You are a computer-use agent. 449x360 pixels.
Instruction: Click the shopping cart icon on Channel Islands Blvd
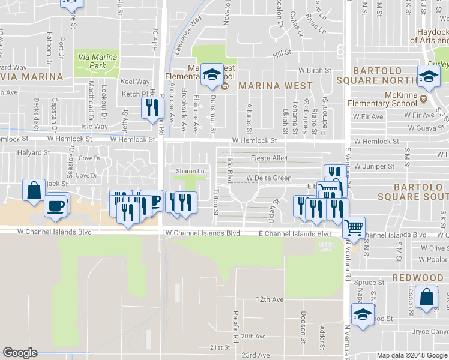coord(354,227)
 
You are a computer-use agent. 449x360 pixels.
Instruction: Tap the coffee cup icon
coord(57,205)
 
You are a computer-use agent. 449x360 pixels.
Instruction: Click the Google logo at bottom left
coord(20,353)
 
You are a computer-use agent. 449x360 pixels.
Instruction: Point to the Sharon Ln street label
coord(190,172)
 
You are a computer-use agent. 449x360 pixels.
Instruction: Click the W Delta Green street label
coord(269,178)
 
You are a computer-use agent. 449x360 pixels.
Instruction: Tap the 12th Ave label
coord(269,299)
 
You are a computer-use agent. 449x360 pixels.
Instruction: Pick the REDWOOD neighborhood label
coord(417,278)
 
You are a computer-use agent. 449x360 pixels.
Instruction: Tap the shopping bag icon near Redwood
coord(426,298)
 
